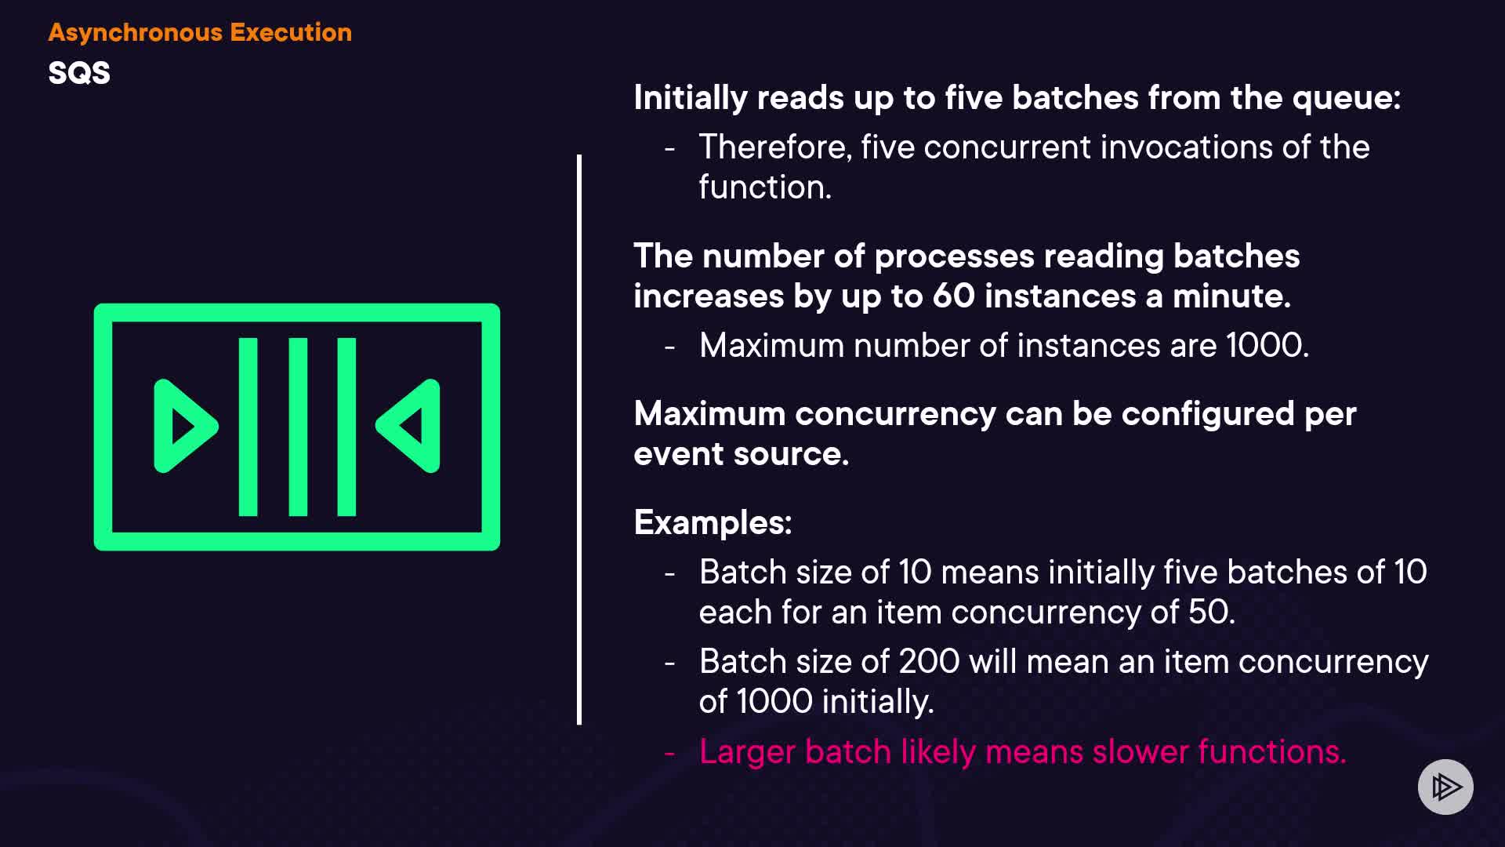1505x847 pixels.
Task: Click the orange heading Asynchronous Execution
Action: (200, 33)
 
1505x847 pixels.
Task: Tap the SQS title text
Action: (79, 73)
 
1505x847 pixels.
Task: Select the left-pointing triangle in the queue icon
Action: (408, 426)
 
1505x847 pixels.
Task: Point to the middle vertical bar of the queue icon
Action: (298, 427)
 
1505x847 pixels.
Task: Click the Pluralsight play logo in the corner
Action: (1445, 787)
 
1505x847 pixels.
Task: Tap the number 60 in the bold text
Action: (953, 296)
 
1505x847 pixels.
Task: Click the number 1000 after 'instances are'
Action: (1267, 345)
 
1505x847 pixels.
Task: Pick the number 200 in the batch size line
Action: (929, 661)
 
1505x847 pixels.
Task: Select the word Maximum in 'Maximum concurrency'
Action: (709, 413)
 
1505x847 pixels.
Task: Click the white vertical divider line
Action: (579, 440)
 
